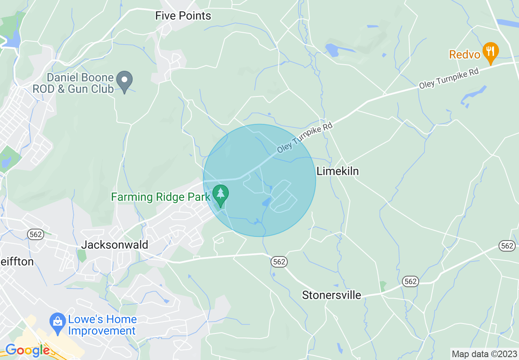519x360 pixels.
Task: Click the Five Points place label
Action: [183, 16]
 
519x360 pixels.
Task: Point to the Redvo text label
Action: [464, 54]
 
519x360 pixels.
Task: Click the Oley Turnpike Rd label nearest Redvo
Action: [448, 79]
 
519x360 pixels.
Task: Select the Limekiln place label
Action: [338, 171]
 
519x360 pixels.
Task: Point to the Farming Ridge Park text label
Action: [160, 197]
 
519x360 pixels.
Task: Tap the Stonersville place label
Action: [332, 295]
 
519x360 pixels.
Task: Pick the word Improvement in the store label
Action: [102, 331]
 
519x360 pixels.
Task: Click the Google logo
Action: [27, 351]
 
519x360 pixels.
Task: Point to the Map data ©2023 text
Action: [484, 353]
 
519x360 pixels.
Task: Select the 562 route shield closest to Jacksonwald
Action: [36, 234]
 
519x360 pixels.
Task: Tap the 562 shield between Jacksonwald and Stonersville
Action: [279, 262]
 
